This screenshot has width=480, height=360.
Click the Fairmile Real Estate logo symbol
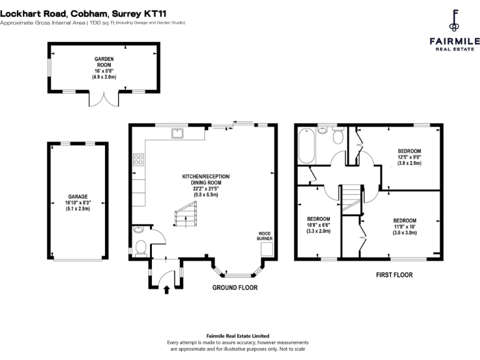(454, 20)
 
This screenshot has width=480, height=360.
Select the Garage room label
(78, 202)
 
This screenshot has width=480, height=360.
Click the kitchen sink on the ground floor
(177, 132)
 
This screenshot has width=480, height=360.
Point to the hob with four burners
(137, 159)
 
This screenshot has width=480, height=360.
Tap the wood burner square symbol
(266, 249)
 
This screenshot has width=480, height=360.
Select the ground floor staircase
(186, 214)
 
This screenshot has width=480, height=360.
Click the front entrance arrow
(166, 289)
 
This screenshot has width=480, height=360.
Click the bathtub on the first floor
(306, 146)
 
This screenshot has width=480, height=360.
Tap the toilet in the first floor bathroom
(338, 137)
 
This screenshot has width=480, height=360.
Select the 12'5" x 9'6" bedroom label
(409, 157)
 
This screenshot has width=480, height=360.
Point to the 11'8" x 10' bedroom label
(404, 226)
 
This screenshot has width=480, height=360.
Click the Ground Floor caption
(234, 287)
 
